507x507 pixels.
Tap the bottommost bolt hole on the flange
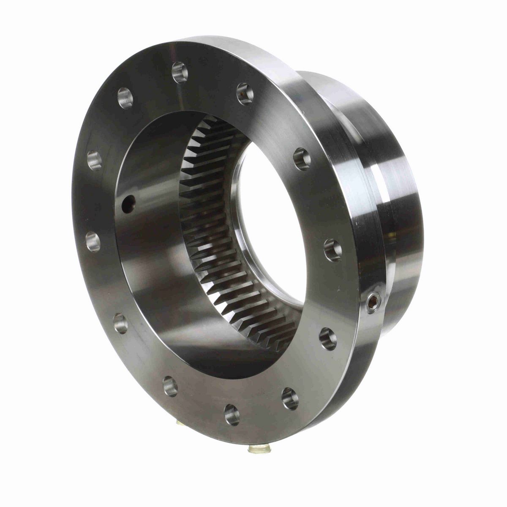[x=231, y=411]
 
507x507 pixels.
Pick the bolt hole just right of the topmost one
[x=244, y=90]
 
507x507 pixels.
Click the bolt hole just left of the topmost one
[x=125, y=96]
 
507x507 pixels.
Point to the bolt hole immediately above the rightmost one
[x=302, y=156]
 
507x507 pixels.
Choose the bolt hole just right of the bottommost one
[x=289, y=397]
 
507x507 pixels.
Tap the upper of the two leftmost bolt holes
[x=94, y=161]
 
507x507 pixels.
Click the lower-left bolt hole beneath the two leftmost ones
[x=121, y=322]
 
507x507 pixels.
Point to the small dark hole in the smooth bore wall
[x=126, y=204]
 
